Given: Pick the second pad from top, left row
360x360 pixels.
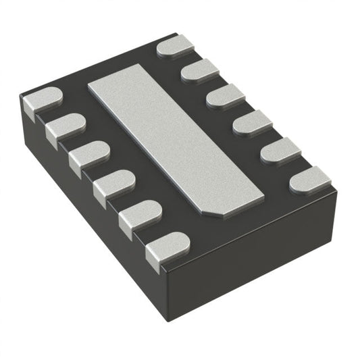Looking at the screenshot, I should coord(66,127).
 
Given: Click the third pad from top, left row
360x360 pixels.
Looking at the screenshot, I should coord(88,155).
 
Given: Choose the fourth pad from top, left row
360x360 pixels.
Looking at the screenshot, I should coord(113,184).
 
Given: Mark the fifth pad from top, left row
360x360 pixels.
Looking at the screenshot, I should coord(140,214).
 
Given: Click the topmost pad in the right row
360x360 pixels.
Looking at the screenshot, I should coord(176,48).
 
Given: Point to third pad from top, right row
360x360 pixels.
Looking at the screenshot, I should coord(226,96).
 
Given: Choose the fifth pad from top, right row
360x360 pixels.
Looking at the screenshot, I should coord(280,150).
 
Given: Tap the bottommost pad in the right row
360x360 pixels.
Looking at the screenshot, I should coord(310,179).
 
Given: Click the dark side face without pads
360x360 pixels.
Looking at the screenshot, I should coord(257,263).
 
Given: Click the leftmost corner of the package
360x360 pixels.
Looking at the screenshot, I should coord(20,101).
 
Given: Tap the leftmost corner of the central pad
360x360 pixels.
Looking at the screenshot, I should coord(89,86).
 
